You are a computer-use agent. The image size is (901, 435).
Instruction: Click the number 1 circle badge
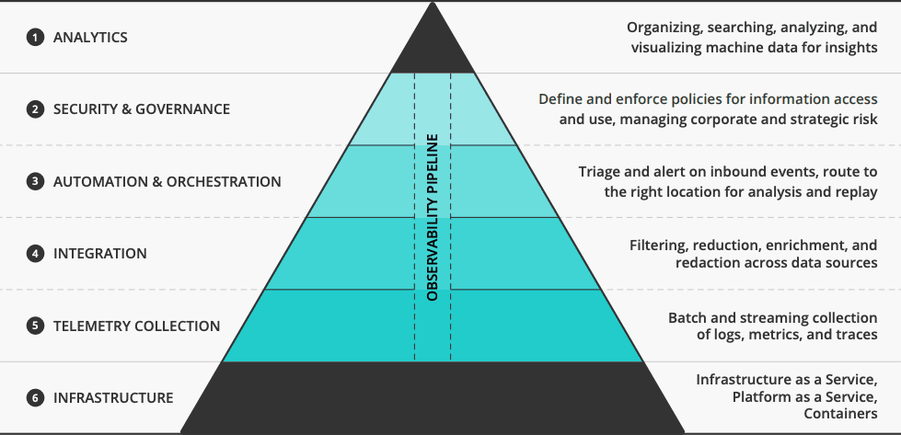point(35,38)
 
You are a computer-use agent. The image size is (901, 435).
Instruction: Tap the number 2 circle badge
point(35,109)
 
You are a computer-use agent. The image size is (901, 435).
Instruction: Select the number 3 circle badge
point(35,182)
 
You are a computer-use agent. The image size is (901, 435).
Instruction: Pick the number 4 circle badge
point(35,253)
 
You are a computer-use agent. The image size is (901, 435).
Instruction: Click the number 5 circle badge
point(35,326)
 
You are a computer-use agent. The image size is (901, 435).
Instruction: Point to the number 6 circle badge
point(35,398)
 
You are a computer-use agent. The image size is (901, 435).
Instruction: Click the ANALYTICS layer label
point(90,38)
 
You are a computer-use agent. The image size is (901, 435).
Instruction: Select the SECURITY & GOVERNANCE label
point(142,109)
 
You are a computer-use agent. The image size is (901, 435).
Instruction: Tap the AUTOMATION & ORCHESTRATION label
point(167,182)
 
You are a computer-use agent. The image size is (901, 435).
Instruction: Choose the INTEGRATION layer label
point(100,253)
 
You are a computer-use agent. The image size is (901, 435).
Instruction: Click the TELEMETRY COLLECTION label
point(137,326)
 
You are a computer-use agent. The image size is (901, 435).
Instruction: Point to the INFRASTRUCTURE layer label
point(113,398)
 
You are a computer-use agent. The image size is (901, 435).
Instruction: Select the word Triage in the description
point(601,172)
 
